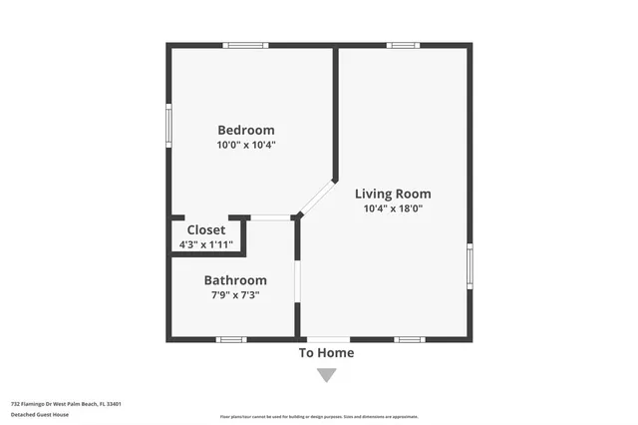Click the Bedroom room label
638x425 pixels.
[x=246, y=130]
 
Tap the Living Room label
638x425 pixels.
[x=398, y=194]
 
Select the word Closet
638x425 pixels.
[x=206, y=229]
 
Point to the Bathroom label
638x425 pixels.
[x=235, y=280]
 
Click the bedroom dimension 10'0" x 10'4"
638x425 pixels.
[x=246, y=145]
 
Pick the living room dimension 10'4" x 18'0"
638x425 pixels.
[x=398, y=209]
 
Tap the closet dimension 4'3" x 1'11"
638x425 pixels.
[x=206, y=244]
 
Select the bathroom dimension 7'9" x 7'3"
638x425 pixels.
[x=235, y=296]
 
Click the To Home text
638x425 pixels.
[x=327, y=353]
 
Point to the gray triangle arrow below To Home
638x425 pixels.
[x=327, y=375]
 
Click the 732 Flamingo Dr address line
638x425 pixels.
[x=66, y=405]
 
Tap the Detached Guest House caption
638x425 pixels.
[x=39, y=415]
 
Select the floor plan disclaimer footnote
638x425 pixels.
[x=319, y=417]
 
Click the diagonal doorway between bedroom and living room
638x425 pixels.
[x=318, y=198]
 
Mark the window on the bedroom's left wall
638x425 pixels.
[x=168, y=127]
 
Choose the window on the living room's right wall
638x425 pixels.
[x=470, y=267]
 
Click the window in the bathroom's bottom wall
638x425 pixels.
[x=231, y=340]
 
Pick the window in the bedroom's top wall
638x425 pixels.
[x=245, y=45]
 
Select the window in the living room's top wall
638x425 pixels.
[x=403, y=45]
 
